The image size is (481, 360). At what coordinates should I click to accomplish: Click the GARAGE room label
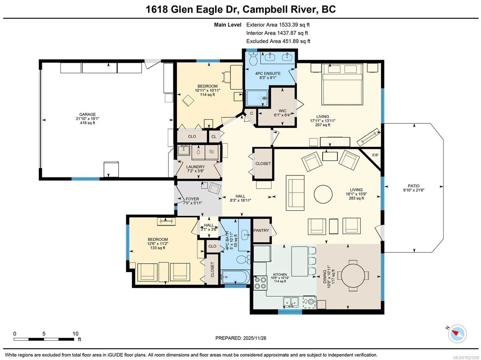pyautogui.click(x=87, y=114)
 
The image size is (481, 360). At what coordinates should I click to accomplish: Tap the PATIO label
pyautogui.click(x=413, y=186)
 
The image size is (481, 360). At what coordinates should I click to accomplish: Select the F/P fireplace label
pyautogui.click(x=375, y=155)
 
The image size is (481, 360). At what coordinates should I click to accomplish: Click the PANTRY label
pyautogui.click(x=261, y=230)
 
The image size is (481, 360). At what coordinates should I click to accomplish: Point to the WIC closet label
pyautogui.click(x=283, y=111)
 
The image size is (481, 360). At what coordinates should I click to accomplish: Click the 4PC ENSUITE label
pyautogui.click(x=268, y=73)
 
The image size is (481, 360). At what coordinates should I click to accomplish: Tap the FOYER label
pyautogui.click(x=192, y=199)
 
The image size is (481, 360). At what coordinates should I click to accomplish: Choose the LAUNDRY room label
pyautogui.click(x=195, y=167)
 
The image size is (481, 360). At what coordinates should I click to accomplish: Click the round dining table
pyautogui.click(x=353, y=276)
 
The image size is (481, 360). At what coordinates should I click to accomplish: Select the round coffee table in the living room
pyautogui.click(x=323, y=194)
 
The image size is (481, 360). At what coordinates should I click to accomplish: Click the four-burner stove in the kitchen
pyautogui.click(x=260, y=283)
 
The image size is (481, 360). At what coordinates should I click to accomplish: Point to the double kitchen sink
pyautogui.click(x=291, y=302)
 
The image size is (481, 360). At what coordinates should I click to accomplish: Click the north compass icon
pyautogui.click(x=457, y=334)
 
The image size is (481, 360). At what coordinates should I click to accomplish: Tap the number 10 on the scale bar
pyautogui.click(x=75, y=334)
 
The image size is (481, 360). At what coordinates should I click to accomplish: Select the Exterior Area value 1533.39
pyautogui.click(x=288, y=25)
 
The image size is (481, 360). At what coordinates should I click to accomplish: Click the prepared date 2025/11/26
pyautogui.click(x=254, y=338)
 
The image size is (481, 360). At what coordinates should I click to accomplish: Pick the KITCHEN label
pyautogui.click(x=280, y=274)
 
